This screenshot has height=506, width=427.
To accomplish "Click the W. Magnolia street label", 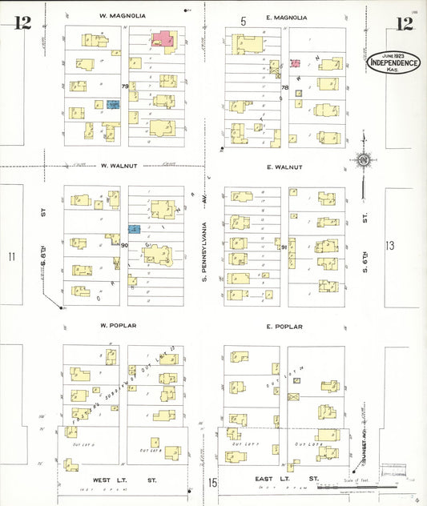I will [x=123, y=15].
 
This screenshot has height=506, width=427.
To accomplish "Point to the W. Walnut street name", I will [x=119, y=167].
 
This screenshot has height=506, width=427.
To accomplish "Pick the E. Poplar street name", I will [x=284, y=327].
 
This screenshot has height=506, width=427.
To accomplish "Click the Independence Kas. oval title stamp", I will [x=393, y=62].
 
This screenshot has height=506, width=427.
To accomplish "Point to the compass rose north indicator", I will [x=363, y=161].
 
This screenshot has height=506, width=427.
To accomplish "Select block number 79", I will [x=124, y=86].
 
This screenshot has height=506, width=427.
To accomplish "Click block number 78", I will [x=284, y=87].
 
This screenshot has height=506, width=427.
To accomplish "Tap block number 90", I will [x=124, y=245].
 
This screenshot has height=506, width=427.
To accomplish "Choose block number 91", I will [x=284, y=247].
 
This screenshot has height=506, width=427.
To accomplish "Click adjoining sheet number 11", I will [x=12, y=256].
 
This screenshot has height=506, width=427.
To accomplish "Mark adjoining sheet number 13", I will [x=390, y=245].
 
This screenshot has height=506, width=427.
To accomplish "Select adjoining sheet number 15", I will [x=213, y=482].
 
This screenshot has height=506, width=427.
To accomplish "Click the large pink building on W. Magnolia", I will [x=165, y=39].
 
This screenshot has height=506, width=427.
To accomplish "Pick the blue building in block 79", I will [x=114, y=104].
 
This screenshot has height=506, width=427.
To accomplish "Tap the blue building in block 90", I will [x=135, y=230].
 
